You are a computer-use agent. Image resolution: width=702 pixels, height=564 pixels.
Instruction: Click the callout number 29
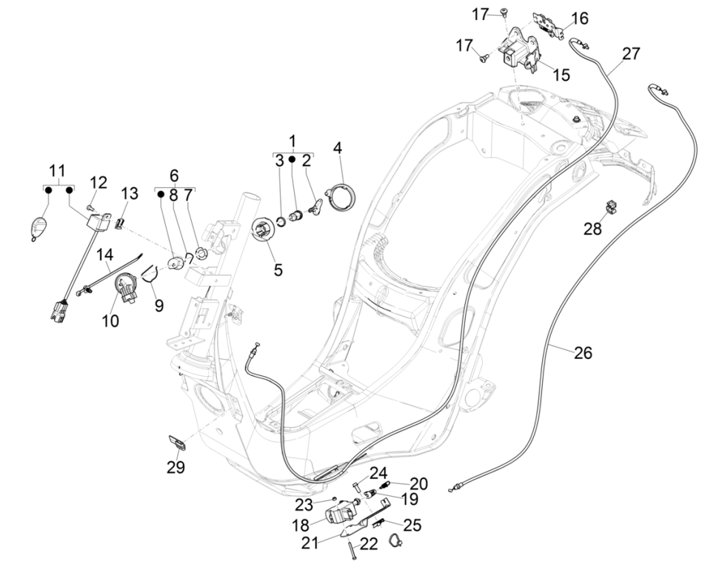pyautogui.click(x=175, y=467)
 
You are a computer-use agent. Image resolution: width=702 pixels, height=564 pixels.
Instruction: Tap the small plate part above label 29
pyautogui.click(x=178, y=442)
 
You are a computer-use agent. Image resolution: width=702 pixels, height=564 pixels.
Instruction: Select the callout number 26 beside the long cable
pyautogui.click(x=583, y=353)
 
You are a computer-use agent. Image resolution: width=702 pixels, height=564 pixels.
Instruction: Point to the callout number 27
pyautogui.click(x=631, y=54)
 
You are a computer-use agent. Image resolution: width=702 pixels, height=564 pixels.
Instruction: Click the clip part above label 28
pyautogui.click(x=611, y=206)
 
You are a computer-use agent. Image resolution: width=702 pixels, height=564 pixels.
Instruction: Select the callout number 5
pyautogui.click(x=278, y=270)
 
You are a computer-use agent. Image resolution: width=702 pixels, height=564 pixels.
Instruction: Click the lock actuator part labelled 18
pyautogui.click(x=342, y=511)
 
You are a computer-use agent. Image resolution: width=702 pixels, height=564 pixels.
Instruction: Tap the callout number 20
pyautogui.click(x=418, y=483)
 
